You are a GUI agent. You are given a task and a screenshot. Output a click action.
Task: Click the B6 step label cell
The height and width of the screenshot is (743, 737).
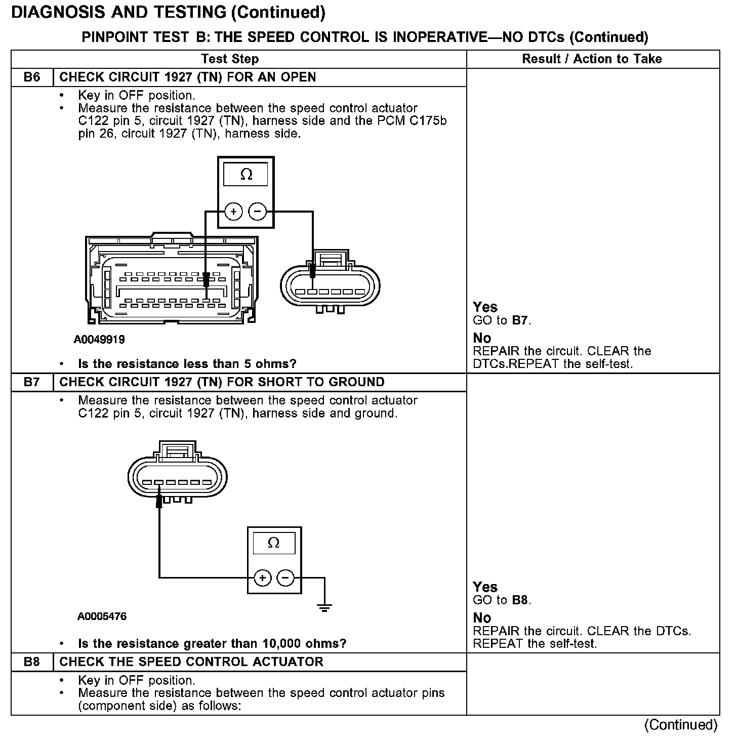point(32,77)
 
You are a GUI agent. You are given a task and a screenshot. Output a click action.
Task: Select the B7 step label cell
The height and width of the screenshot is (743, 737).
point(32,382)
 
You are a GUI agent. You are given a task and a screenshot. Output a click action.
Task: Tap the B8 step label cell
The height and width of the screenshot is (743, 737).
point(32,662)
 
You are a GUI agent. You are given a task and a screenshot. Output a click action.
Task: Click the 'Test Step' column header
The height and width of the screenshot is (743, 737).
point(230,59)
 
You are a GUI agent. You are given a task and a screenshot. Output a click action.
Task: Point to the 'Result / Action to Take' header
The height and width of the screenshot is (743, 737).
point(592,59)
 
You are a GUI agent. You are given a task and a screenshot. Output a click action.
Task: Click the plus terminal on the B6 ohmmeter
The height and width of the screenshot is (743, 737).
point(233,212)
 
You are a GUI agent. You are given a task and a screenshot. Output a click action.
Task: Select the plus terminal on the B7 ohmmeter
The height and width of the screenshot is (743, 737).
point(262,577)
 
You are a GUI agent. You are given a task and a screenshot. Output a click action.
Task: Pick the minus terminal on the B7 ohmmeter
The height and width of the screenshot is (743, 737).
point(286,577)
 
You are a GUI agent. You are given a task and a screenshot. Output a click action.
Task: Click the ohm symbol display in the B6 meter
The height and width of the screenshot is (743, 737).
point(247,175)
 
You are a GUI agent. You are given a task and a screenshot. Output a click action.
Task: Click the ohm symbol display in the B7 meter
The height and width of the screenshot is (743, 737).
point(273,543)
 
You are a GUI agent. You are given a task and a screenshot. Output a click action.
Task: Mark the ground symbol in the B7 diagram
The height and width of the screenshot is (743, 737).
point(324,607)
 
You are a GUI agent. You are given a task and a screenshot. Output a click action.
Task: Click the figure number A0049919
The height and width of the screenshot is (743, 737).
point(99,340)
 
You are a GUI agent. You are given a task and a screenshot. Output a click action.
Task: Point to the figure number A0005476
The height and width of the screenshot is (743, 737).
point(102,616)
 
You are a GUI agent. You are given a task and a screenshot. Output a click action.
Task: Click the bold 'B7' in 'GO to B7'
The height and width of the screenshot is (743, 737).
point(520,320)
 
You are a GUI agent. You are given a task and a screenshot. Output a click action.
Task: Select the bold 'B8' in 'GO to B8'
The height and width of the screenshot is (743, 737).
point(520,600)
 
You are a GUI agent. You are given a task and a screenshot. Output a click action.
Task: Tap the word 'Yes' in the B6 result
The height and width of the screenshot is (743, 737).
point(485,307)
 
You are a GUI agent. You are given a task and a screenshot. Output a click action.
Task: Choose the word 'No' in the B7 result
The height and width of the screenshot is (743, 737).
point(482,618)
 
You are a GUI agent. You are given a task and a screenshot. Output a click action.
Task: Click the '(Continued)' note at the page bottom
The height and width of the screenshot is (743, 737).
point(681,725)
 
